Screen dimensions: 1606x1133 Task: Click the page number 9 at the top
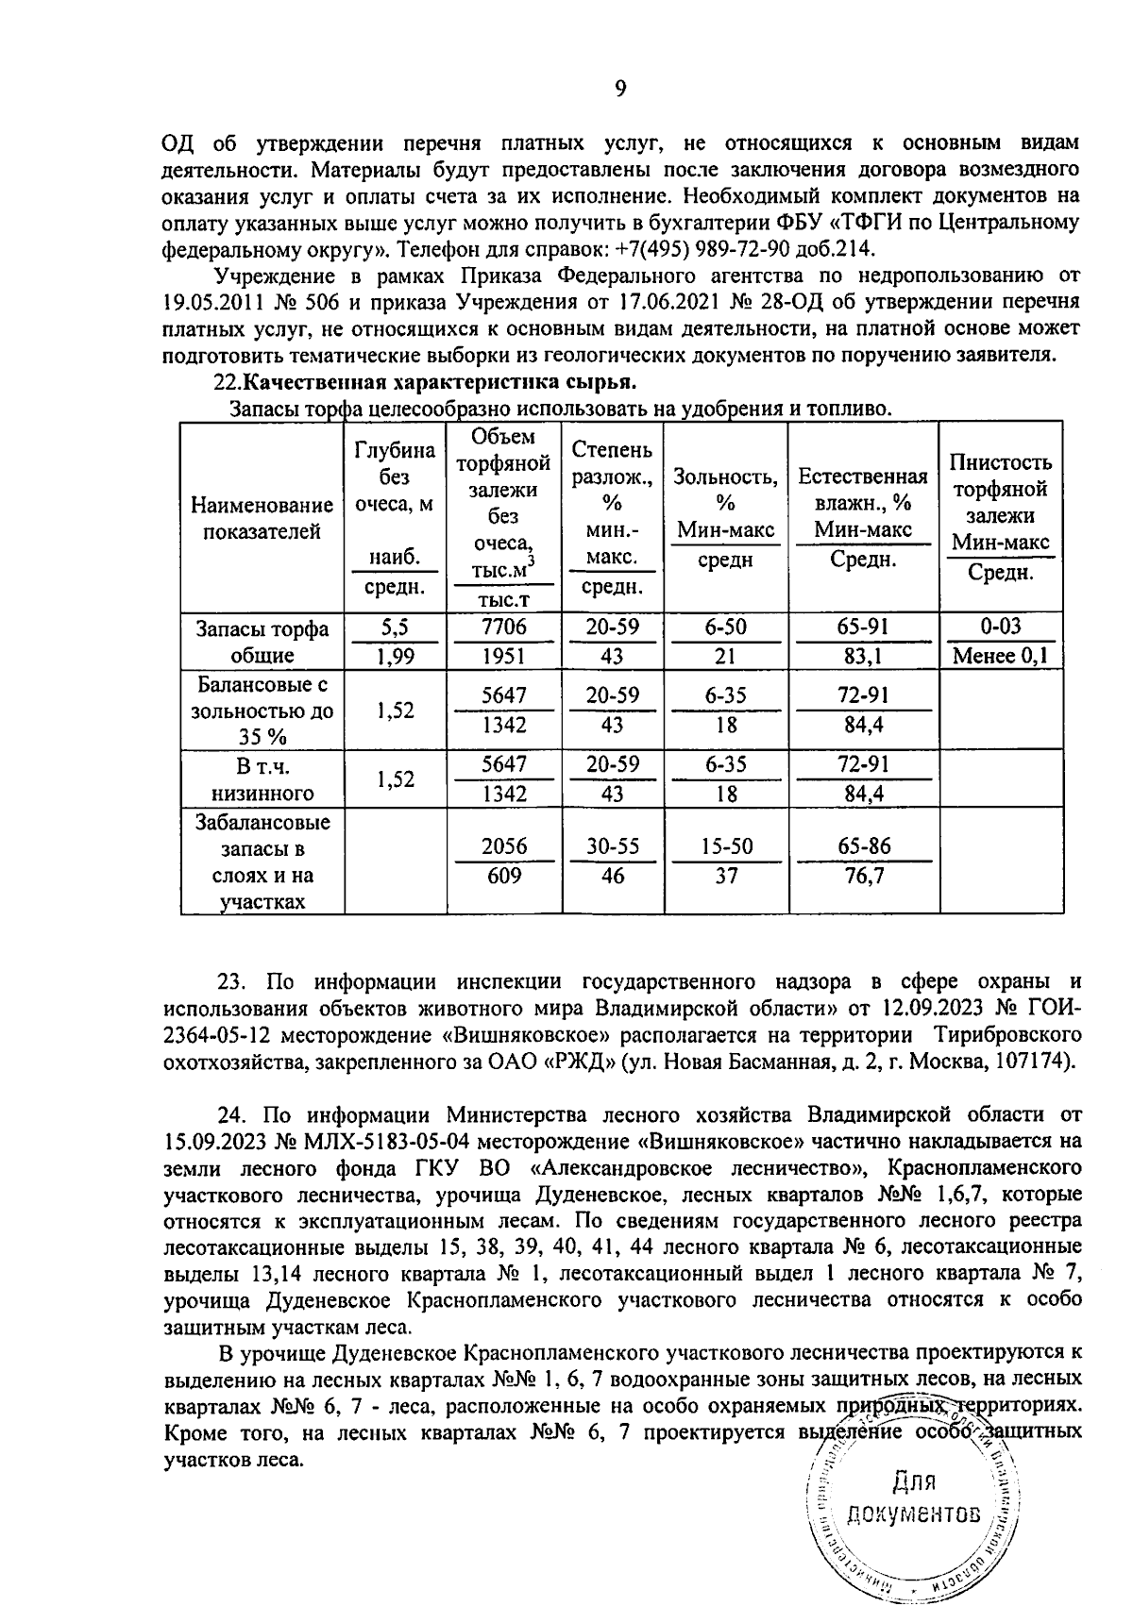tap(620, 89)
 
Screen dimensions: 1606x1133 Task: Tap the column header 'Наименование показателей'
tap(262, 519)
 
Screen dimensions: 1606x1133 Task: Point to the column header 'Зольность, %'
tap(725, 490)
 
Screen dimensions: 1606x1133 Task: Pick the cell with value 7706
tap(504, 627)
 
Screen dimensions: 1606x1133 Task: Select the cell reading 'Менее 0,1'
tap(1000, 656)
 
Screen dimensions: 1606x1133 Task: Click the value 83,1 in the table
tap(867, 656)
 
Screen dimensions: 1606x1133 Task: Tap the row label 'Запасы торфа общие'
tap(262, 642)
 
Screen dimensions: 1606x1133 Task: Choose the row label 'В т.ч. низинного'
tap(262, 779)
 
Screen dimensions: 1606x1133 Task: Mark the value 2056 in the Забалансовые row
tap(504, 845)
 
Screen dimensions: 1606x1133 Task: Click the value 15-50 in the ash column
tap(726, 845)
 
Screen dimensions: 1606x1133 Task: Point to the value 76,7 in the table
tap(867, 876)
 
